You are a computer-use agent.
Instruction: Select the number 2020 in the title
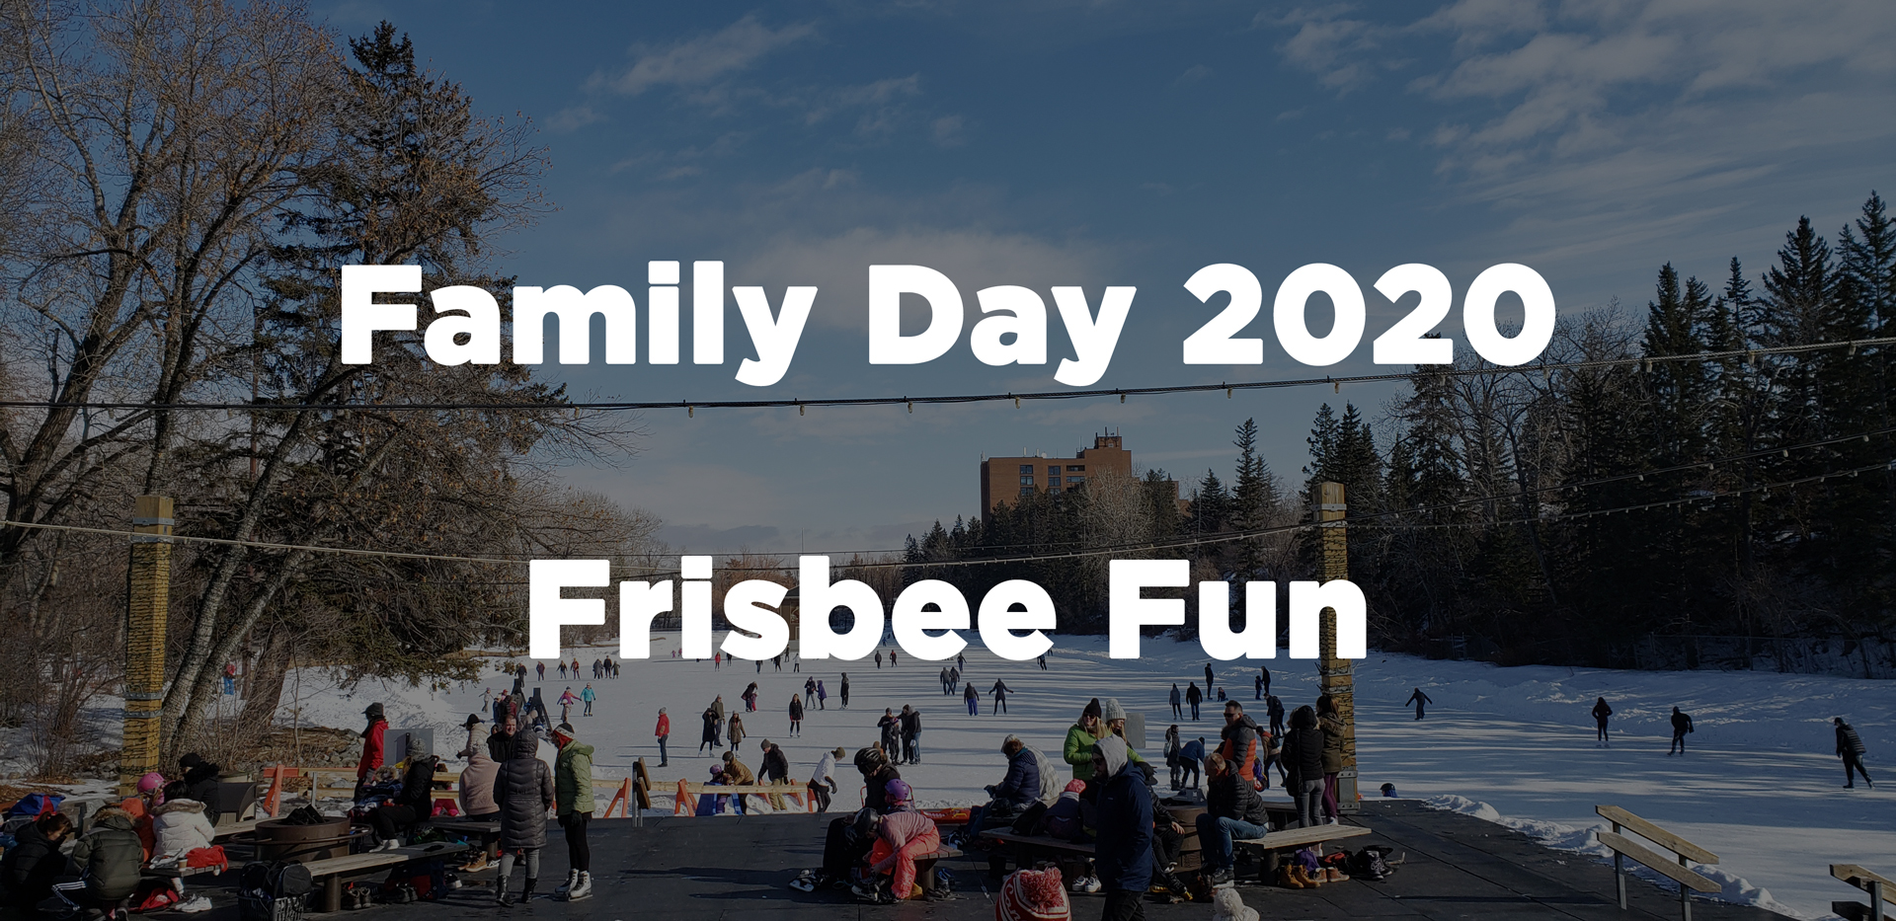click(x=1369, y=315)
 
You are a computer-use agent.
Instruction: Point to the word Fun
click(x=1238, y=609)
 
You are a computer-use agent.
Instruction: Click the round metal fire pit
click(x=302, y=837)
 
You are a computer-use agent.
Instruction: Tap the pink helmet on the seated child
click(x=150, y=783)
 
